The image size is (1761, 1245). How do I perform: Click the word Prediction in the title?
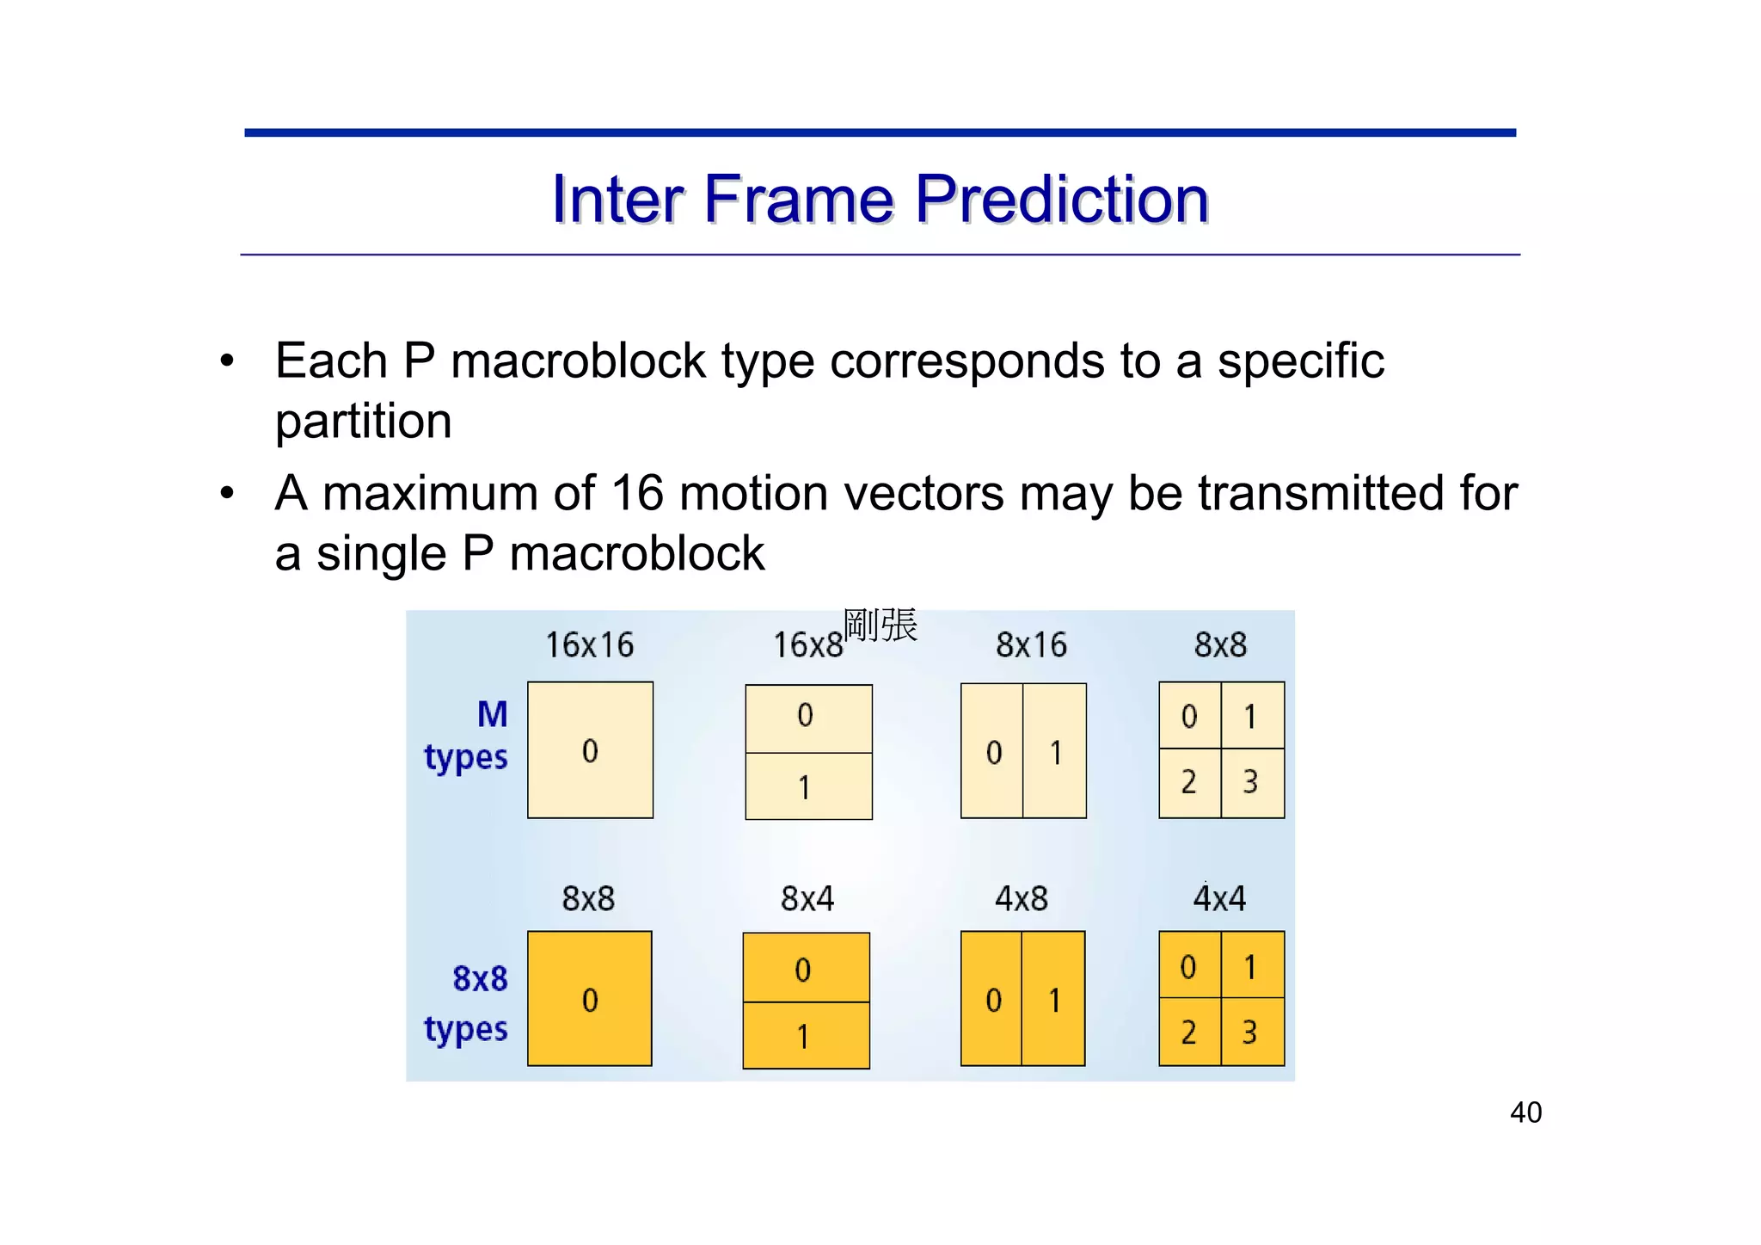pyautogui.click(x=1061, y=200)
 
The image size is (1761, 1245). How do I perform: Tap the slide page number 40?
pyautogui.click(x=1525, y=1112)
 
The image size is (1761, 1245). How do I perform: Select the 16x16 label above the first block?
pyautogui.click(x=589, y=644)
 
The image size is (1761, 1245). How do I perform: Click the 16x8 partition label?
pyautogui.click(x=807, y=644)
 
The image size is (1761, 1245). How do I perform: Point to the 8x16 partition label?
pyautogui.click(x=1030, y=644)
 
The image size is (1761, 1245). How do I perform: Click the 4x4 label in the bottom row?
pyautogui.click(x=1218, y=898)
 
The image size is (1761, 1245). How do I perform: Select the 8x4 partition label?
pyautogui.click(x=807, y=898)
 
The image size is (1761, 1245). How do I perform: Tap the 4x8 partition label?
pyautogui.click(x=1021, y=898)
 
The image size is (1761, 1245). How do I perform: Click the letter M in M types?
pyautogui.click(x=492, y=714)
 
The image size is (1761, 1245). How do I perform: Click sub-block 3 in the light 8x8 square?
pyautogui.click(x=1252, y=783)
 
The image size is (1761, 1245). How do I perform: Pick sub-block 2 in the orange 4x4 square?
pyautogui.click(x=1189, y=1032)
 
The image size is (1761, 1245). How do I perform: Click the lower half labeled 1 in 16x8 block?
pyautogui.click(x=807, y=786)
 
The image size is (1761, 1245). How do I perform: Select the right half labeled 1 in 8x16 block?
pyautogui.click(x=1055, y=752)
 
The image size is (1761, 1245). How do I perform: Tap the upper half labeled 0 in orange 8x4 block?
pyautogui.click(x=805, y=968)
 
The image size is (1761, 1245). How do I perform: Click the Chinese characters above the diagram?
pyautogui.click(x=880, y=625)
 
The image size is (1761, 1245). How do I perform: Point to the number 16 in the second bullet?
pyautogui.click(x=636, y=494)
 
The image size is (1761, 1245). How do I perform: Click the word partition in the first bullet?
pyautogui.click(x=363, y=422)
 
